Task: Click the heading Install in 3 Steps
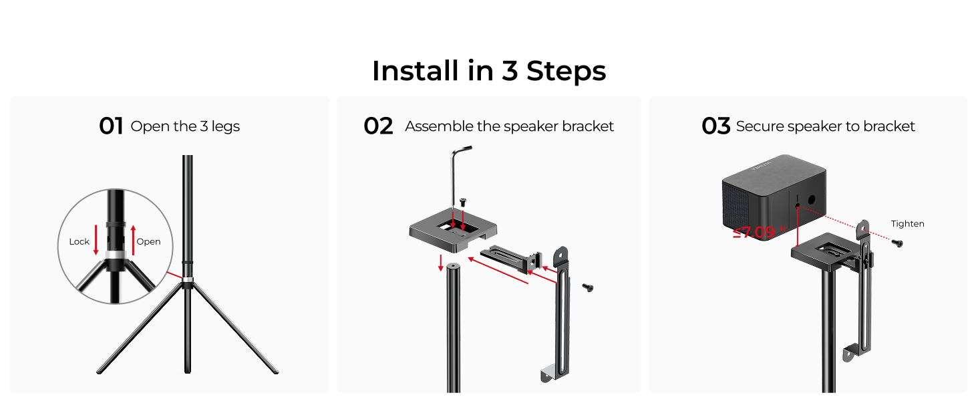(488, 71)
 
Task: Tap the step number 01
(111, 126)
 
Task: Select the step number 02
(378, 126)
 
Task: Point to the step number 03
(716, 126)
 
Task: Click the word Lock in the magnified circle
(79, 241)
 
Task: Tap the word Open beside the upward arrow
(148, 241)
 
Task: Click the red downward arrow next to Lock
(96, 240)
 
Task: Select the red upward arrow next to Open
(134, 240)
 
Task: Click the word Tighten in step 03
(907, 224)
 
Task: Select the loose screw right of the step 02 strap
(588, 287)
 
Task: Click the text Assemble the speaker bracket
(509, 126)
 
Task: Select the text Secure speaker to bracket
(825, 126)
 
